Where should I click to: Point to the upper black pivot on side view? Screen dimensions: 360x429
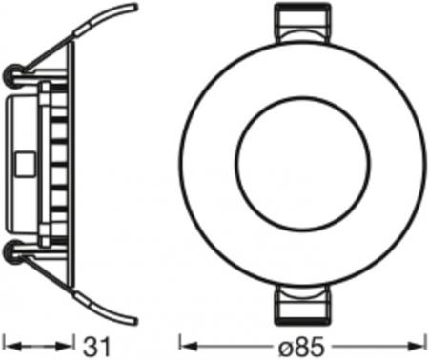(13, 73)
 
